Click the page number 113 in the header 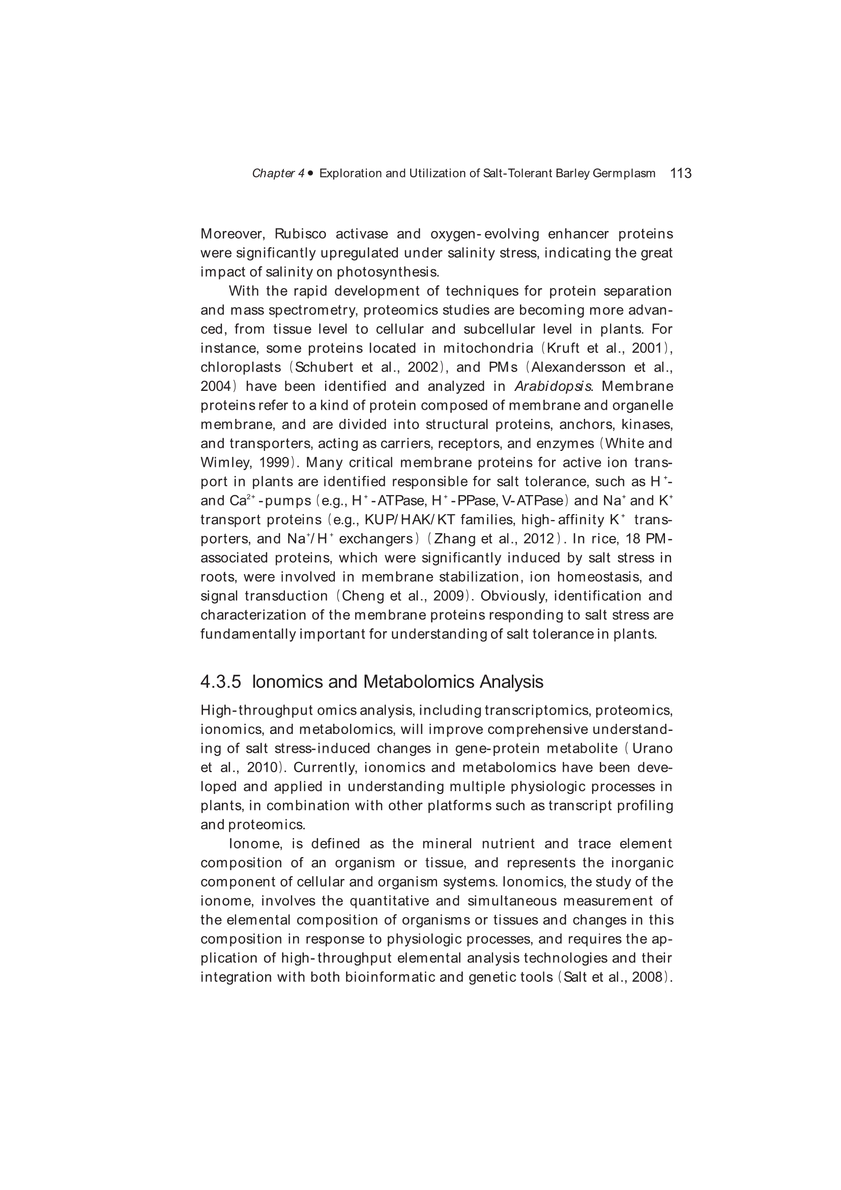pyautogui.click(x=680, y=173)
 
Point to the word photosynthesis pyautogui.click(x=388, y=272)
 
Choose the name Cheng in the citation pyautogui.click(x=361, y=596)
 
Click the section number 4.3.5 pyautogui.click(x=221, y=682)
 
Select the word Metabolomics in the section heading pyautogui.click(x=419, y=682)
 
